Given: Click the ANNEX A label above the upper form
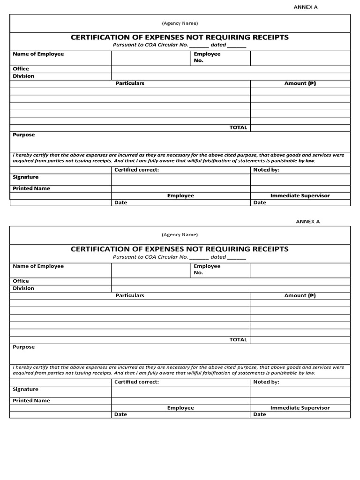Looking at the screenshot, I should pos(306,7).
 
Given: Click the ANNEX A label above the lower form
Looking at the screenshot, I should pos(307,221).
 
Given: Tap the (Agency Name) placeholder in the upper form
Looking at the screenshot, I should pos(180,23).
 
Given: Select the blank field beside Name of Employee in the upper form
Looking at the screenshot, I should pos(151,58).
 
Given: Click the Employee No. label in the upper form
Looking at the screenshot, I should pos(207,57).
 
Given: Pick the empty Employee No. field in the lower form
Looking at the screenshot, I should pos(300,270).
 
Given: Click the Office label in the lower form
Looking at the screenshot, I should pos(21,281).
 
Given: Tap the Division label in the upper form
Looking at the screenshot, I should pos(23,76).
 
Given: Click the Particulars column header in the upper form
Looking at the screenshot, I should pos(130,83).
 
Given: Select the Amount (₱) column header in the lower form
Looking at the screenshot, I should pos(300,296).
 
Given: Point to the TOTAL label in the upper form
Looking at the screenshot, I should pos(238,127).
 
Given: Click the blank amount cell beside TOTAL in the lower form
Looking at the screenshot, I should pos(300,340).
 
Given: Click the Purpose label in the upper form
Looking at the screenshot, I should pos(23,135).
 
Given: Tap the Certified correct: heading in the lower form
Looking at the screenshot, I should pos(136,382).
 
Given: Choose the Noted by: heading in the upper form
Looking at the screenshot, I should pos(266,170).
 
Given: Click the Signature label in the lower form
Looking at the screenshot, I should pos(25,390).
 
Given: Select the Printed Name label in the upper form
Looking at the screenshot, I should pos(31,188).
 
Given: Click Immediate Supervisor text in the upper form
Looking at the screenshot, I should pos(300,195).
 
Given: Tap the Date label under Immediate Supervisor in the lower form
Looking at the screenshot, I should pos(260,414).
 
